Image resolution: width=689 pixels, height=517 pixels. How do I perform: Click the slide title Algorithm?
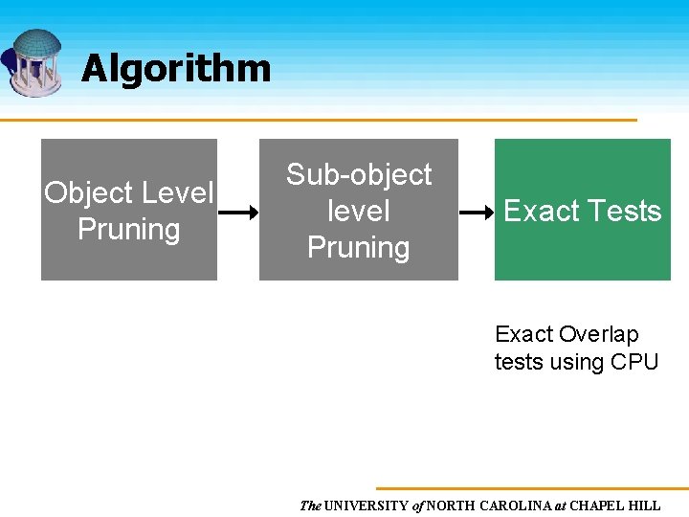(x=176, y=69)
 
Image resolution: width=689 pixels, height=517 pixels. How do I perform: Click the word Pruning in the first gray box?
(x=128, y=230)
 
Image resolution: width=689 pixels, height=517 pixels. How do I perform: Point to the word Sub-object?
(x=359, y=175)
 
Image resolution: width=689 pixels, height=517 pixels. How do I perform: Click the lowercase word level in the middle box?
(x=359, y=211)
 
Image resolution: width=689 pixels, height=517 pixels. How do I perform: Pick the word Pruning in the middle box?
(x=359, y=248)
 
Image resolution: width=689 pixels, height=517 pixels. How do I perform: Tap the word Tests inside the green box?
(x=622, y=212)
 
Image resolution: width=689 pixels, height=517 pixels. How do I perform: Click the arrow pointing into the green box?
(x=476, y=213)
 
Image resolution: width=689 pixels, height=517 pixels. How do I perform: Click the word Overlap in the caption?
(x=599, y=335)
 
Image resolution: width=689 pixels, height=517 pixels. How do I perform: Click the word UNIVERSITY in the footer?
(x=367, y=506)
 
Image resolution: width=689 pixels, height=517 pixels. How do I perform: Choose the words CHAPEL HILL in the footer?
(x=615, y=506)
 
